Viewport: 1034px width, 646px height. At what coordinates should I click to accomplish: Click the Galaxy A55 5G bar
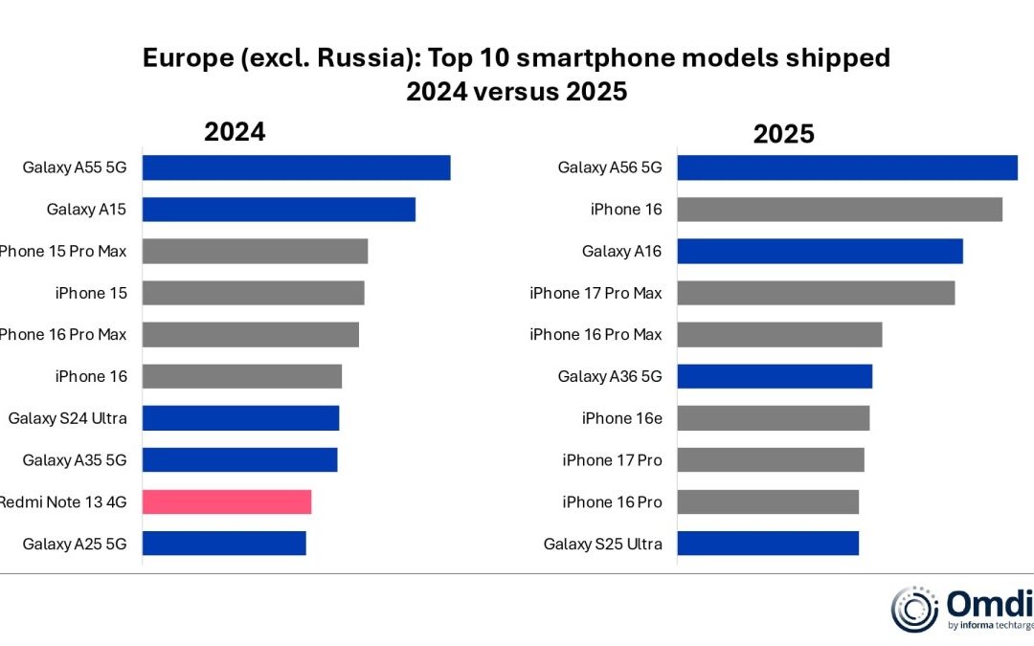pyautogui.click(x=297, y=167)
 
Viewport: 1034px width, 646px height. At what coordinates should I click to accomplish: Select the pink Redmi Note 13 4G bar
pyautogui.click(x=227, y=501)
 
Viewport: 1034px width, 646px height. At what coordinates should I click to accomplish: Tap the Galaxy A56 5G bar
pyautogui.click(x=847, y=167)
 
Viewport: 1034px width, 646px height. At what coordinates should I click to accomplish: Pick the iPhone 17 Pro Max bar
pyautogui.click(x=816, y=293)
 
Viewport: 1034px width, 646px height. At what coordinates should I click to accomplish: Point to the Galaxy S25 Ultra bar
pyautogui.click(x=768, y=544)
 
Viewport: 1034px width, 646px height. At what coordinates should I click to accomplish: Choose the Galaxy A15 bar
pyautogui.click(x=279, y=210)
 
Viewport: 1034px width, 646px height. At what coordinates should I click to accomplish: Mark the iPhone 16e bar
pyautogui.click(x=774, y=418)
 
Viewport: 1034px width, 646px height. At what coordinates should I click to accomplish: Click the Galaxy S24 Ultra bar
pyautogui.click(x=241, y=418)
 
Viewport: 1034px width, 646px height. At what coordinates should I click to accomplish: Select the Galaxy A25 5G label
pyautogui.click(x=75, y=544)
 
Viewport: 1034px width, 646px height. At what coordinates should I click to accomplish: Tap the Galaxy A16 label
pyautogui.click(x=621, y=252)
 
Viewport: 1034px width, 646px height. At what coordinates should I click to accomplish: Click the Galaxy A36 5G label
pyautogui.click(x=610, y=376)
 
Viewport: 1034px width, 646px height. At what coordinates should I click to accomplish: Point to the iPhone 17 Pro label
pyautogui.click(x=612, y=460)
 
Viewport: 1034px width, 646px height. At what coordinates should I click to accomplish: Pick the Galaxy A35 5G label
pyautogui.click(x=75, y=460)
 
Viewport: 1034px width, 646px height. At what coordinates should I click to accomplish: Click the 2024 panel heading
pyautogui.click(x=235, y=131)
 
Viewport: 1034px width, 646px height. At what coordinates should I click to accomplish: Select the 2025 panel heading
pyautogui.click(x=783, y=134)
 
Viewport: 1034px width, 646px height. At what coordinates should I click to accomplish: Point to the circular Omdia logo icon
pyautogui.click(x=914, y=610)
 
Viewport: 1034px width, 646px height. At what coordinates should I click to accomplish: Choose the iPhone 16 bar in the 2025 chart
pyautogui.click(x=840, y=210)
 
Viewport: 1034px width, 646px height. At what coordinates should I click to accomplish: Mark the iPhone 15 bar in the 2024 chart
pyautogui.click(x=254, y=293)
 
